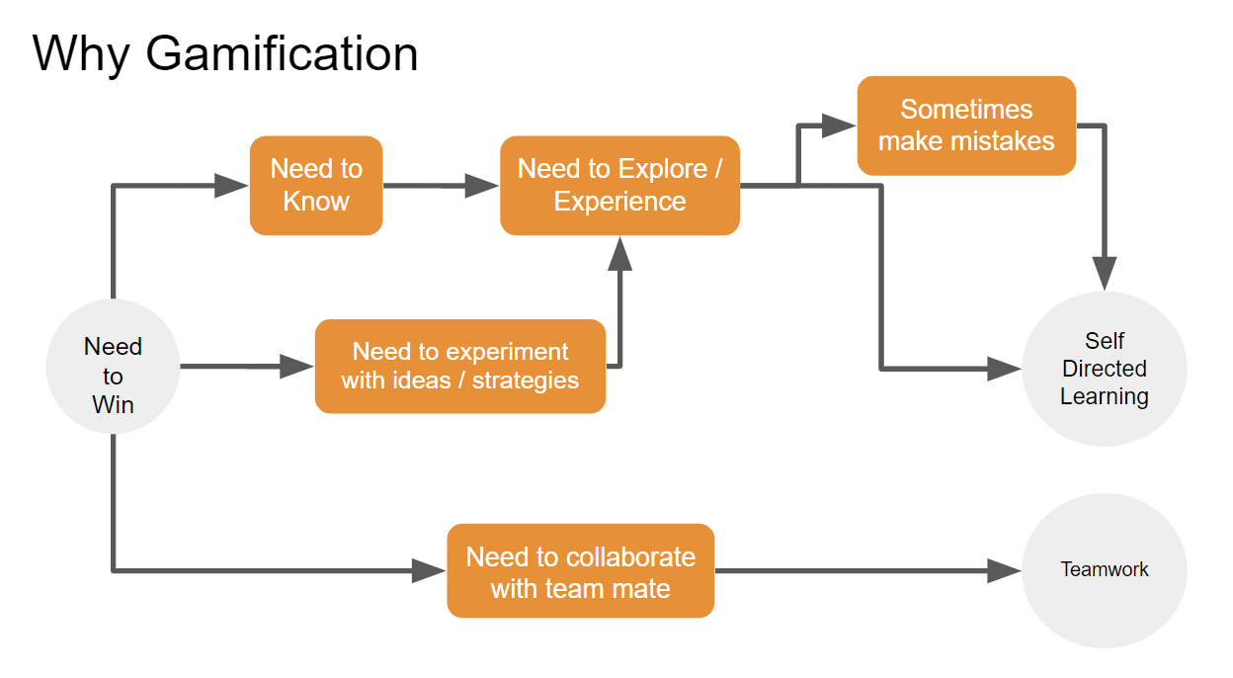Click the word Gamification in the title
pos(282,53)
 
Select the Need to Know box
pos(316,186)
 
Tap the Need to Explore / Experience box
pos(619,186)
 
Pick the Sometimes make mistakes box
pos(965,126)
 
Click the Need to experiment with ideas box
pos(459,366)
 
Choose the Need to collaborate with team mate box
pos(580,571)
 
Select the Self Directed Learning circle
pos(1104,369)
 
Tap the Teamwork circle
pos(1104,570)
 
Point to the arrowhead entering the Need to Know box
pos(232,185)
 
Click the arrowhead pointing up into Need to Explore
pos(619,254)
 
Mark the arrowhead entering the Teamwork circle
pos(1005,570)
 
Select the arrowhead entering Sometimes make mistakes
pos(840,126)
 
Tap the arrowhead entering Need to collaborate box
pos(430,570)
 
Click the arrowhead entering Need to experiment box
pos(297,367)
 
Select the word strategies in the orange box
pos(525,381)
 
